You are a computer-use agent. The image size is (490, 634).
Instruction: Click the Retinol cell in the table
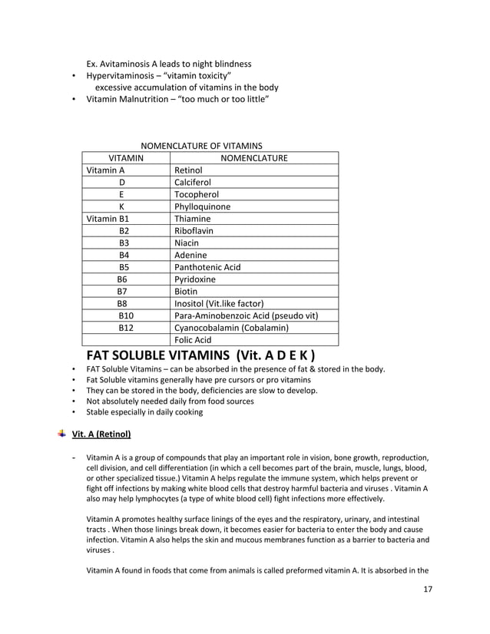tap(189, 170)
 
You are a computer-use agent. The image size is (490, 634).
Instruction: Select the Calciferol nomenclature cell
tap(193, 183)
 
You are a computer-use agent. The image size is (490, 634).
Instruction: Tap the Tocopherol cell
tap(197, 195)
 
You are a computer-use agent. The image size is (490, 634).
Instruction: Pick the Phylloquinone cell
tap(202, 206)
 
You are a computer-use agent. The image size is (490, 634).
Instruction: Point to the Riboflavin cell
tap(194, 230)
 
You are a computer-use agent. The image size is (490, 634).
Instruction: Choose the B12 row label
tap(126, 328)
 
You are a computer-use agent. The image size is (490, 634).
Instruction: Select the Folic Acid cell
tap(193, 340)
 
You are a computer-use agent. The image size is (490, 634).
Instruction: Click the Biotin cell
tap(186, 292)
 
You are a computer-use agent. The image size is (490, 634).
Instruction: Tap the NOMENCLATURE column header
tap(253, 158)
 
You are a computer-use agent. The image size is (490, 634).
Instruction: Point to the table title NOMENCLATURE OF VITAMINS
tap(201, 145)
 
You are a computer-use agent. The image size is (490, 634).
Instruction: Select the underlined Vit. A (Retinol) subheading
tap(101, 434)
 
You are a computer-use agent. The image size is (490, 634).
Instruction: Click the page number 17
tap(429, 589)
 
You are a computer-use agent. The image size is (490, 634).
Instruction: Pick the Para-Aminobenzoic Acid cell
tap(246, 315)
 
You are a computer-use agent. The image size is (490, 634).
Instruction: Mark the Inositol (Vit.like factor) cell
tap(219, 304)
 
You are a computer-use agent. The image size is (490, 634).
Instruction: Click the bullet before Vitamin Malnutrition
tap(73, 100)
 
